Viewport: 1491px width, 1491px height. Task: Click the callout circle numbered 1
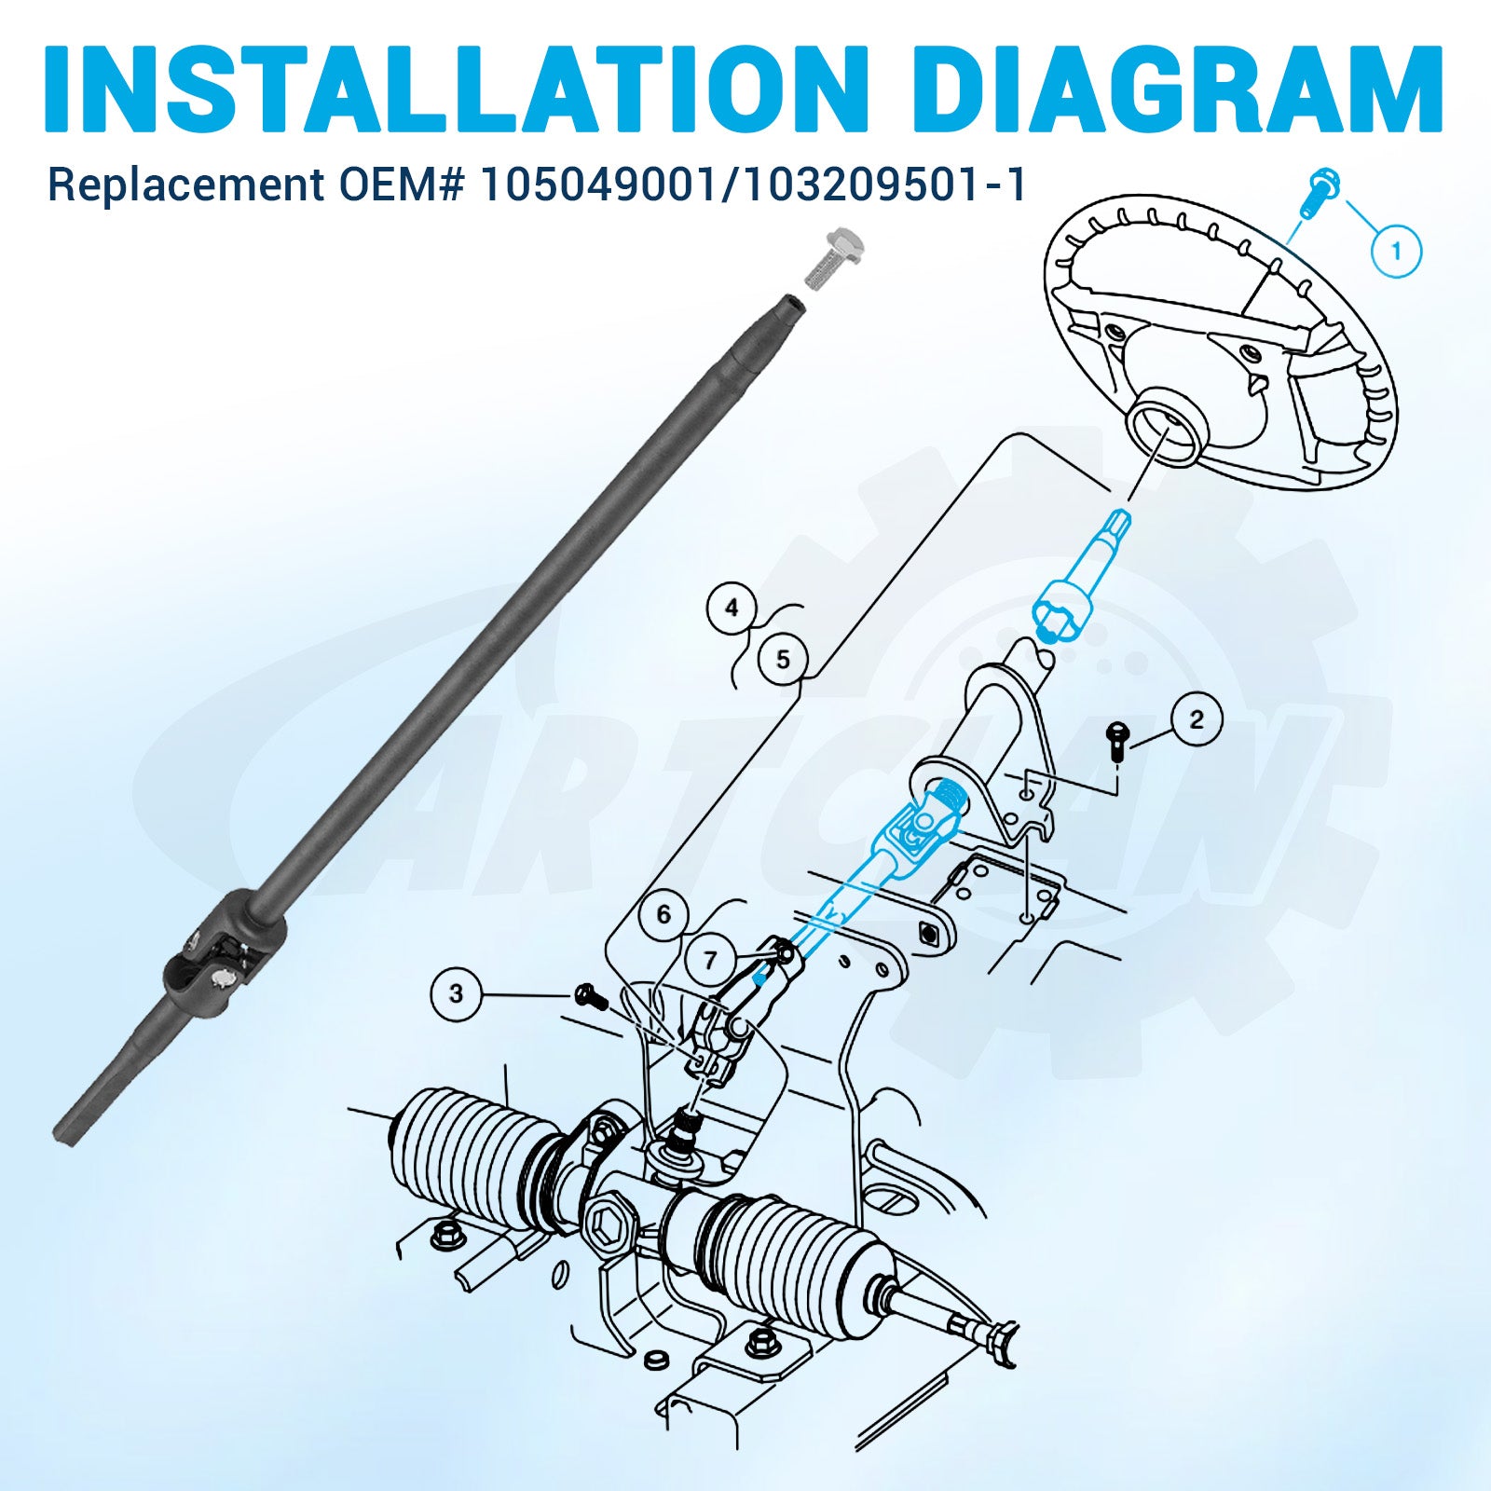pyautogui.click(x=1395, y=250)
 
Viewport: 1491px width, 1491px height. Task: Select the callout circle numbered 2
pyautogui.click(x=1196, y=718)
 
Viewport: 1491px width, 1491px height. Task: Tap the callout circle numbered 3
pyautogui.click(x=456, y=993)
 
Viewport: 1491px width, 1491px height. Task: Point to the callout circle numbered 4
pyautogui.click(x=732, y=608)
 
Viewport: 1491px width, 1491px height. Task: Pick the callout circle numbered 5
pyautogui.click(x=783, y=659)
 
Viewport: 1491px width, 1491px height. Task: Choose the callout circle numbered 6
pyautogui.click(x=663, y=914)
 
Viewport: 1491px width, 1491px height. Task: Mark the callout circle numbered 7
pyautogui.click(x=711, y=959)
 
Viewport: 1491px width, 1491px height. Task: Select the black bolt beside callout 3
pyautogui.click(x=591, y=997)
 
